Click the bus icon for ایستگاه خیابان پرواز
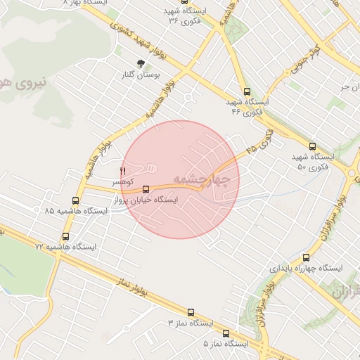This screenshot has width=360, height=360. [x=146, y=189]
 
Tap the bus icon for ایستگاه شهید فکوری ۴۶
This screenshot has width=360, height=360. [x=246, y=91]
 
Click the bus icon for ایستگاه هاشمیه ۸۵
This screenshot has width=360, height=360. [x=75, y=201]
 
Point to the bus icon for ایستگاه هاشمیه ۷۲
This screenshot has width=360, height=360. [x=65, y=237]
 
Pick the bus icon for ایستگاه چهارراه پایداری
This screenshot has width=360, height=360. [x=306, y=257]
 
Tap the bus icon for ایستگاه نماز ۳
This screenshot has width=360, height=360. [x=191, y=311]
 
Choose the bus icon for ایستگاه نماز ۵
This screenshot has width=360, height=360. [x=226, y=333]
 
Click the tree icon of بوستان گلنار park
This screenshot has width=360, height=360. [x=141, y=63]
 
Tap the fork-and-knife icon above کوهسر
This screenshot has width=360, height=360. [x=122, y=171]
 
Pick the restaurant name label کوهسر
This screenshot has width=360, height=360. [x=122, y=181]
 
